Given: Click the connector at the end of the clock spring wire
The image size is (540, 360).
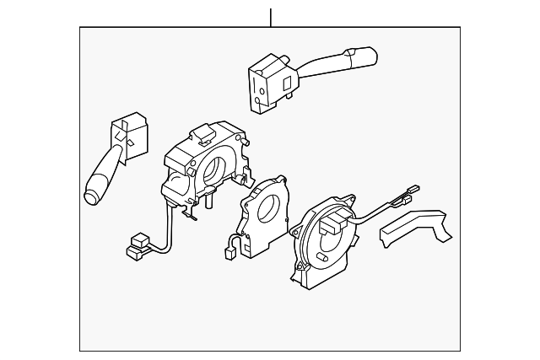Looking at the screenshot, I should pyautogui.click(x=413, y=191).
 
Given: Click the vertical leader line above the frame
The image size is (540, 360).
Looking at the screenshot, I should pyautogui.click(x=271, y=17).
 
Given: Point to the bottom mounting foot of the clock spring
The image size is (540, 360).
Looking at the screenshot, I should pyautogui.click(x=300, y=275).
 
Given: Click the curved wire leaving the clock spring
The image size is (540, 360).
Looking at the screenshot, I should pyautogui.click(x=371, y=216).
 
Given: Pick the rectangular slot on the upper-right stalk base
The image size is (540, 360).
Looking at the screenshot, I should pyautogui.click(x=287, y=82).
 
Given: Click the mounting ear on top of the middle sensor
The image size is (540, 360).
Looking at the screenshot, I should pyautogui.click(x=278, y=179).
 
